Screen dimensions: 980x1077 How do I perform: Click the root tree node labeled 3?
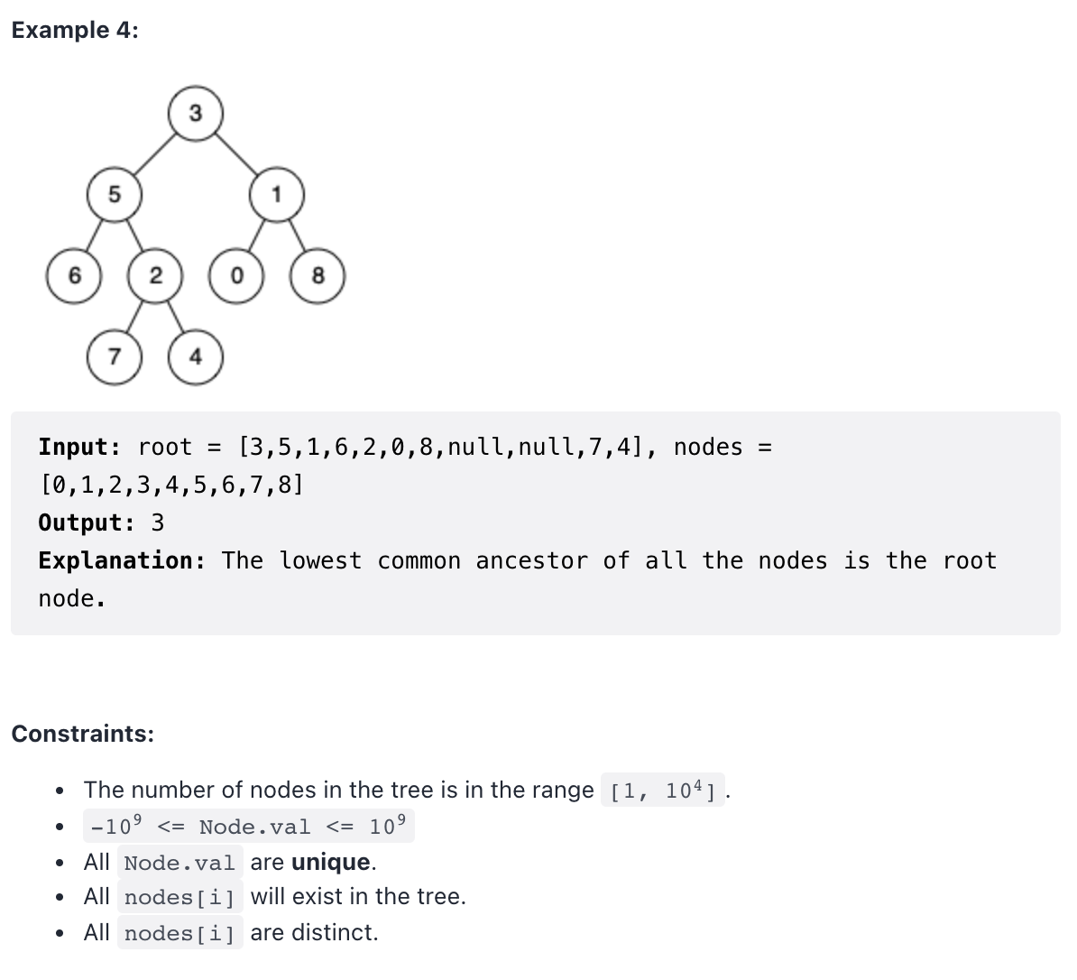click(x=196, y=114)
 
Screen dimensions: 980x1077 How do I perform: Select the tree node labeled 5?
click(x=114, y=194)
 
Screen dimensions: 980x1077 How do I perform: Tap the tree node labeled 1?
click(x=277, y=194)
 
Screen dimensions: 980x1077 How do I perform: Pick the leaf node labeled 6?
click(x=74, y=275)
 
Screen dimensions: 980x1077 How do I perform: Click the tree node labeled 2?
click(x=155, y=275)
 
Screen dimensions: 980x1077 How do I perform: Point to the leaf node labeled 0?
click(x=236, y=275)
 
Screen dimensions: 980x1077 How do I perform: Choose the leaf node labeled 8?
click(x=318, y=275)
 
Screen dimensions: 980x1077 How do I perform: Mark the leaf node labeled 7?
click(x=114, y=356)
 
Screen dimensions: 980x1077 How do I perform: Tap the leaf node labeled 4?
click(x=196, y=356)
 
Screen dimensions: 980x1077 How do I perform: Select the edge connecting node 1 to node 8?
click(x=298, y=235)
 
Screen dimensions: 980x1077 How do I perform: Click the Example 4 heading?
click(x=75, y=30)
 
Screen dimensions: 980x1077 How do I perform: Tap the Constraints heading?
click(x=82, y=734)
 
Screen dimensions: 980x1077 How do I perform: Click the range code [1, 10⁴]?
click(x=663, y=791)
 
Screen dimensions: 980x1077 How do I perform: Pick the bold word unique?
click(x=331, y=862)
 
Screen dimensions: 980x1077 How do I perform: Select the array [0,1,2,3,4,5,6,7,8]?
click(x=171, y=485)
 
